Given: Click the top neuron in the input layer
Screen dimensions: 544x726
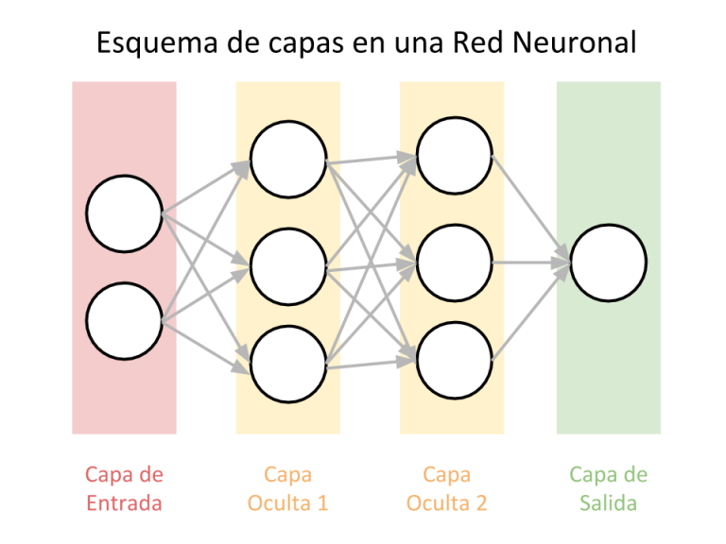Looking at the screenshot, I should click(x=124, y=213).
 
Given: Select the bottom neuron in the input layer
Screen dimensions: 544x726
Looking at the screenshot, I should click(x=124, y=321).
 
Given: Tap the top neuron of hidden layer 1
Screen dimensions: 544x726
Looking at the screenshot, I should click(x=288, y=159).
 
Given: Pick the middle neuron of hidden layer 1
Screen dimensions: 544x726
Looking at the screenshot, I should click(x=288, y=266).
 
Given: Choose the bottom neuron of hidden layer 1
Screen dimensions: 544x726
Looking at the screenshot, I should click(x=288, y=364).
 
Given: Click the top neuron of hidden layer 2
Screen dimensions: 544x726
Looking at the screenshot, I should click(x=455, y=156).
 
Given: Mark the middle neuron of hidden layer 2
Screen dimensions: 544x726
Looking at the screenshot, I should click(x=455, y=263).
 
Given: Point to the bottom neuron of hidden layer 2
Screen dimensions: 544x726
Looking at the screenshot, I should click(x=455, y=360).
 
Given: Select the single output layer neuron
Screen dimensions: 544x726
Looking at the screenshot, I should click(x=608, y=263).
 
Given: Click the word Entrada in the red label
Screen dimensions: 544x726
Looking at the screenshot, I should click(x=124, y=502).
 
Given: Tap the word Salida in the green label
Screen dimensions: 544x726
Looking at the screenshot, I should click(x=608, y=502).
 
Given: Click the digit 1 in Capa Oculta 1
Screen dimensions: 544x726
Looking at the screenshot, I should click(x=323, y=502).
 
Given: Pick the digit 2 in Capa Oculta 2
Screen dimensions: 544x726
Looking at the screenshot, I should click(x=482, y=502).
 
